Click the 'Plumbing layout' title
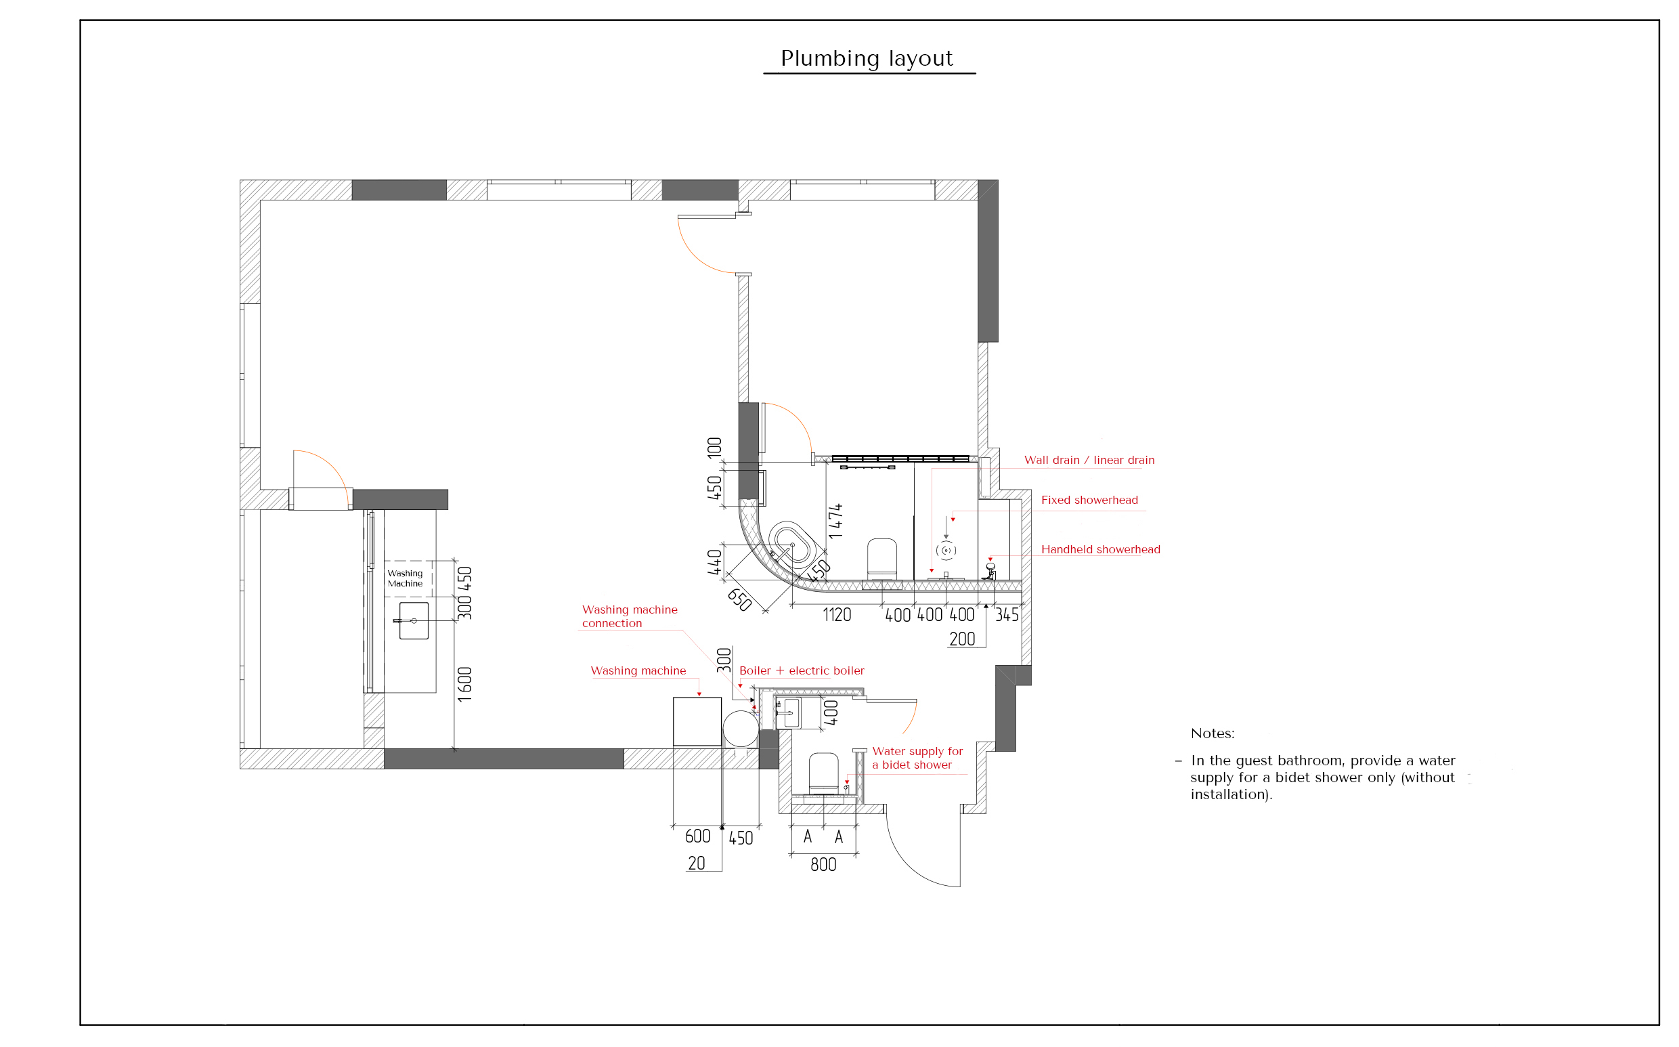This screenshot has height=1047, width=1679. [x=867, y=59]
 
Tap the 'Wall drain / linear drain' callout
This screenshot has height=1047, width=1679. [x=1089, y=460]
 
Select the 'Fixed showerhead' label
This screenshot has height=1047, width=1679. [x=1089, y=500]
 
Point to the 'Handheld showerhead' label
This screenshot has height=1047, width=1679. [x=1100, y=549]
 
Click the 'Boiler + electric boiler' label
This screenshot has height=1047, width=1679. [x=802, y=670]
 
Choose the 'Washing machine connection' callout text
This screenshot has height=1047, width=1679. [x=630, y=616]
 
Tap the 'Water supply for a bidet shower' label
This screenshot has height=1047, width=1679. [x=917, y=758]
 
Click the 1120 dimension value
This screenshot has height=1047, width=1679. [x=837, y=615]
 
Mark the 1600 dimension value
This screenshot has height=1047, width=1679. [x=465, y=684]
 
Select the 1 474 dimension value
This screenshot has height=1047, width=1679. [x=835, y=521]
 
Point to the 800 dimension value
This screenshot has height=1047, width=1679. [x=823, y=864]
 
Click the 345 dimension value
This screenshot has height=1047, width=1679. [x=1007, y=615]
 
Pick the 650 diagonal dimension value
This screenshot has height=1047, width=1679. [x=740, y=599]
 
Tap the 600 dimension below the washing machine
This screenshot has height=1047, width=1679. [x=697, y=836]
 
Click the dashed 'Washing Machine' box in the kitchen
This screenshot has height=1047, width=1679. [x=408, y=578]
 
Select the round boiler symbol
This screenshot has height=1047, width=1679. [x=741, y=728]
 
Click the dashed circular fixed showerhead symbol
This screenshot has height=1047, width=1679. [x=946, y=551]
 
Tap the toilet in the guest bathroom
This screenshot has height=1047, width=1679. [x=823, y=773]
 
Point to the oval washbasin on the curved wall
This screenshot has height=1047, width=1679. [x=791, y=545]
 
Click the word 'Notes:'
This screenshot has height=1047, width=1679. [x=1213, y=733]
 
